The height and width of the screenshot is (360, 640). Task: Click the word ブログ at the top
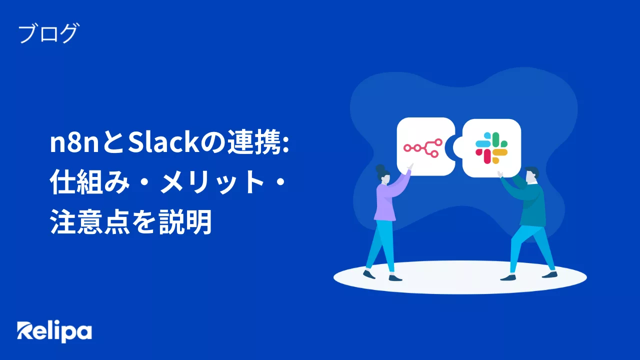point(48,34)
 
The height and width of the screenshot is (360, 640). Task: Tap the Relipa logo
point(54,331)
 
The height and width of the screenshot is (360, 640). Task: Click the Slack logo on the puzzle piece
point(491,147)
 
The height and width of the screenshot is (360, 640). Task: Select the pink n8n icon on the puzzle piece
point(423,147)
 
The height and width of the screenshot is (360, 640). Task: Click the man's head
point(530,175)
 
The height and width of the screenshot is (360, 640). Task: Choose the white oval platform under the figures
point(460,283)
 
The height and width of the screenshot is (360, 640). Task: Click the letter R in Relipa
point(25,331)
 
